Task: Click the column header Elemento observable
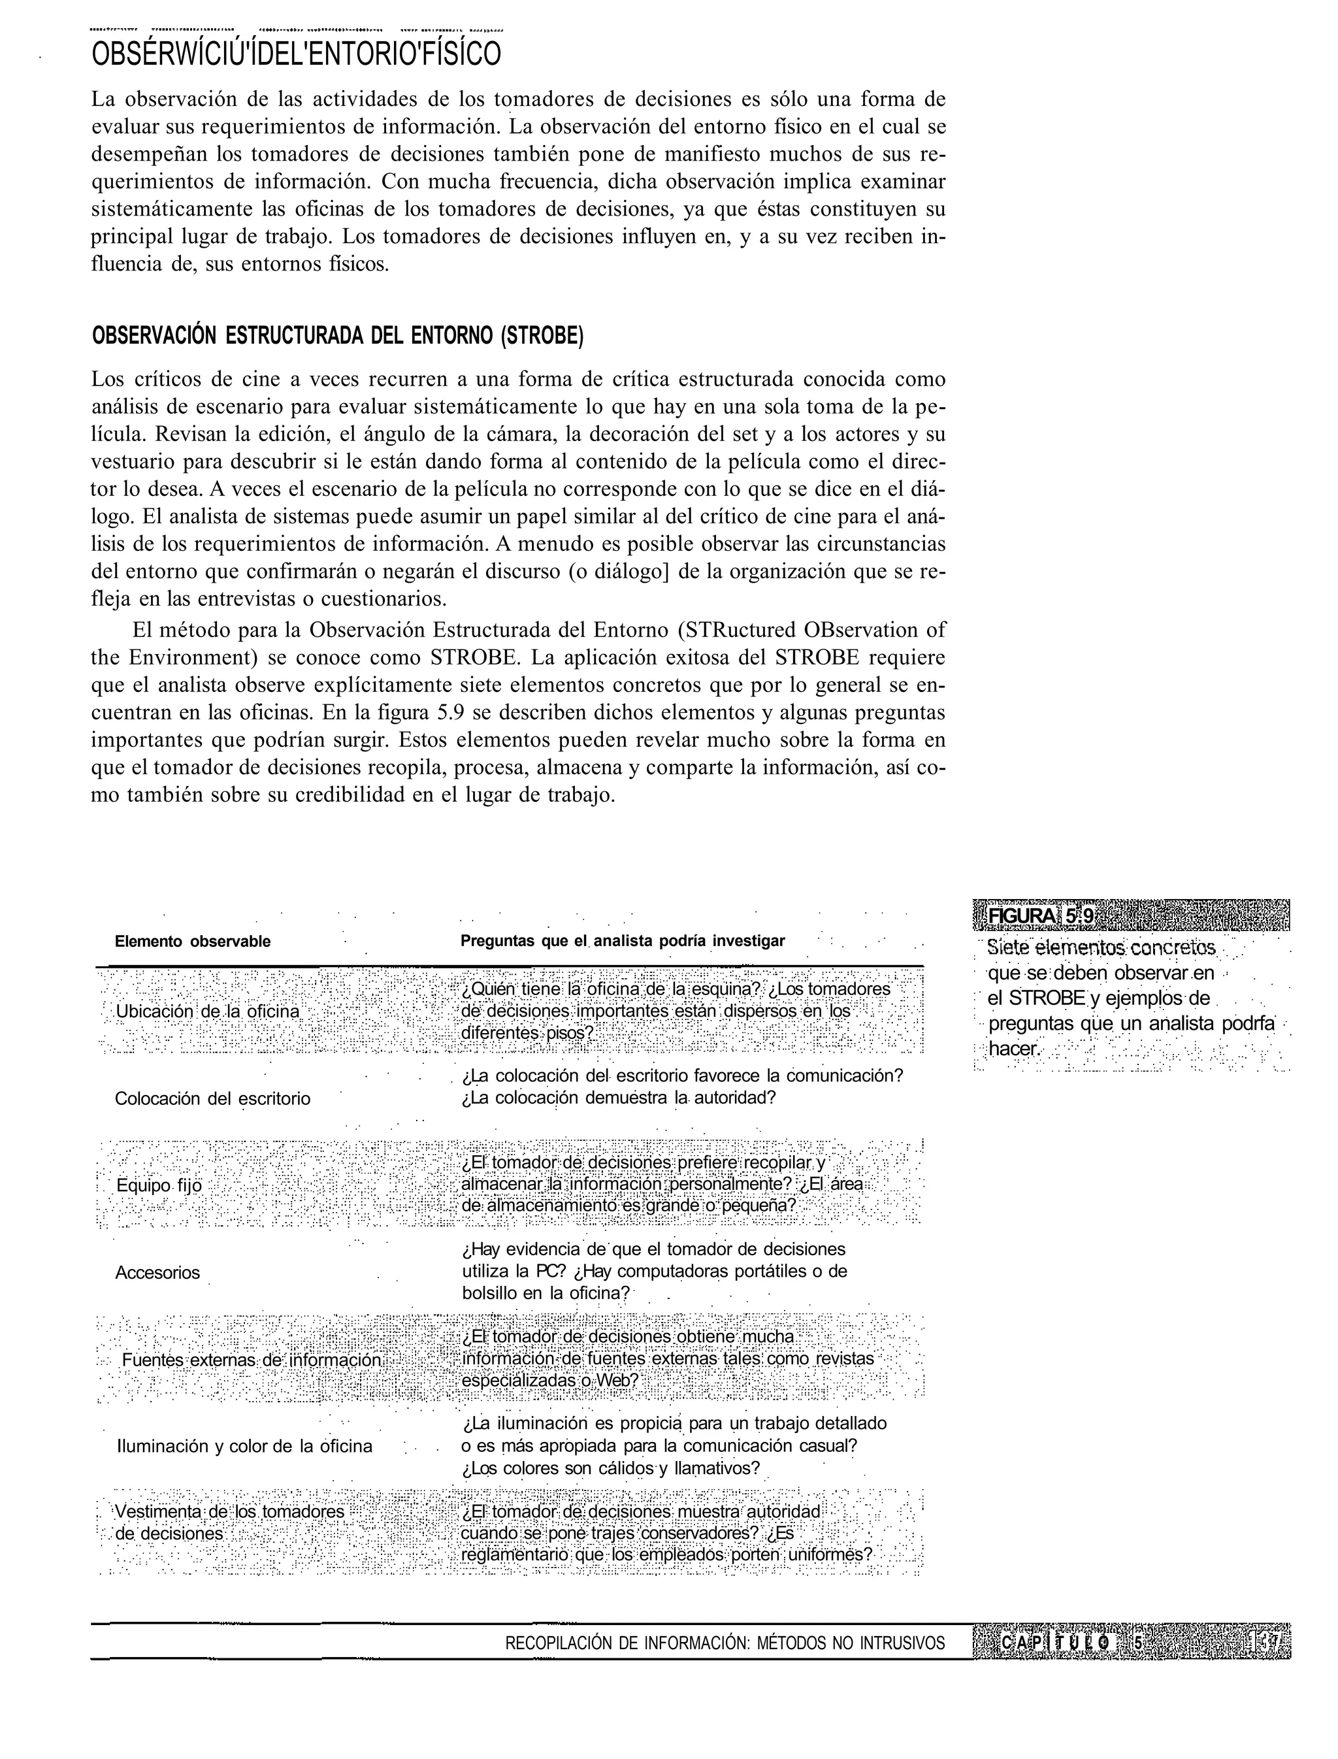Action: [193, 942]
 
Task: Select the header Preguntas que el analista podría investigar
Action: [622, 941]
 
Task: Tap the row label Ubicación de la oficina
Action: [208, 1011]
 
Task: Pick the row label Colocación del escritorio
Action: [212, 1098]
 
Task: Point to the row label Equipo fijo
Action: [159, 1185]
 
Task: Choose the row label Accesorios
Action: [157, 1273]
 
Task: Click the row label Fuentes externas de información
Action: [252, 1360]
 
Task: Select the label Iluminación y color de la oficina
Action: [244, 1446]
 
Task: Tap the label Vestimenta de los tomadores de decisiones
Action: [230, 1522]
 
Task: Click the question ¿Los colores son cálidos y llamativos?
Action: [610, 1468]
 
